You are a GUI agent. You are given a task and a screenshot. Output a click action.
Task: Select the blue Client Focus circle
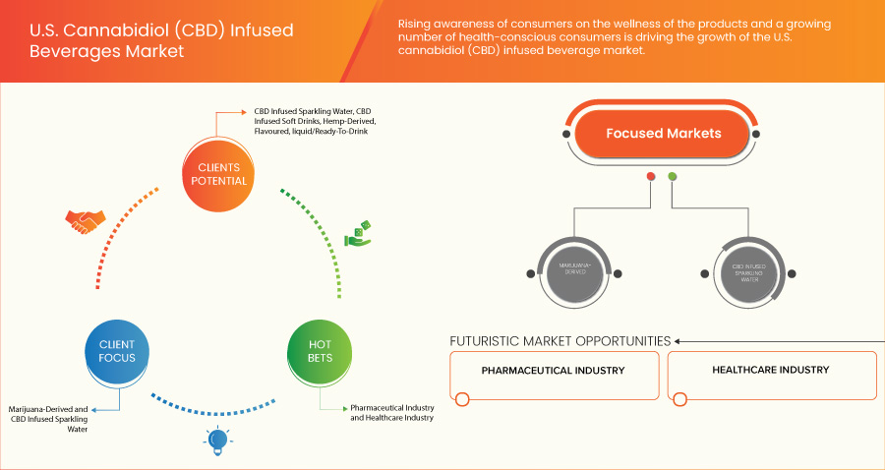tap(117, 351)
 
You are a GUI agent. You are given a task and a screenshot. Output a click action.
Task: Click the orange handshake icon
tap(84, 221)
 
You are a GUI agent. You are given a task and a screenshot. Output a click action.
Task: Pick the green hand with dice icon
tap(357, 234)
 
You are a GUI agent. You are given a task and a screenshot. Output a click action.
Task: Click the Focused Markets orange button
tap(663, 134)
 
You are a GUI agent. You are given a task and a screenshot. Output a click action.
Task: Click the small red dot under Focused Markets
tap(650, 177)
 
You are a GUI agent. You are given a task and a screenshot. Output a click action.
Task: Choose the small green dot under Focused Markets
tap(673, 177)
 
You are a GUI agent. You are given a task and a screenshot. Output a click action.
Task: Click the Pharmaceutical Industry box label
tap(554, 371)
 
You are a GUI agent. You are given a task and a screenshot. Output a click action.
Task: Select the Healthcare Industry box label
tap(771, 371)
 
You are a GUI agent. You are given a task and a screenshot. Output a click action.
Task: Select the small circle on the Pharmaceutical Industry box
tap(462, 398)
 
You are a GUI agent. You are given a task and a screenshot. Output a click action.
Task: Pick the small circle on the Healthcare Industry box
tap(679, 398)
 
